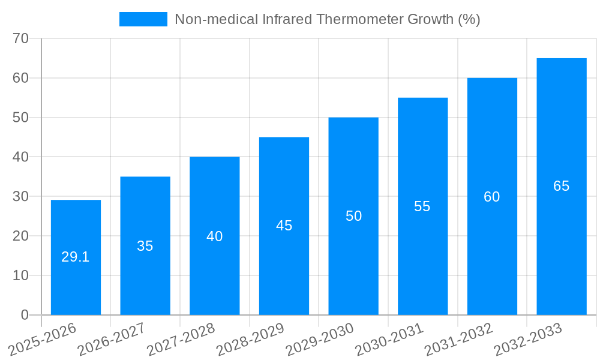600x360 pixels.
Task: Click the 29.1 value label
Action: (76, 257)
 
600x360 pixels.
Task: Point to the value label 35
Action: (145, 246)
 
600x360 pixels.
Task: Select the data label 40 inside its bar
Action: (215, 236)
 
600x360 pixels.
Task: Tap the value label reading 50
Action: (353, 216)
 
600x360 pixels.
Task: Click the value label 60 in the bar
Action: (492, 197)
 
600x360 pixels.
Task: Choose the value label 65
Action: (562, 186)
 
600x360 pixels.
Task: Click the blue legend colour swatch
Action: (143, 19)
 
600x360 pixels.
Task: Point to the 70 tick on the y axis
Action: (21, 38)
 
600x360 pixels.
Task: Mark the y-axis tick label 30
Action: (21, 196)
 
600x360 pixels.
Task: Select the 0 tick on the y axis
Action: (25, 315)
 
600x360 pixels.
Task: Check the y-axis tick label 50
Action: (21, 118)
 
